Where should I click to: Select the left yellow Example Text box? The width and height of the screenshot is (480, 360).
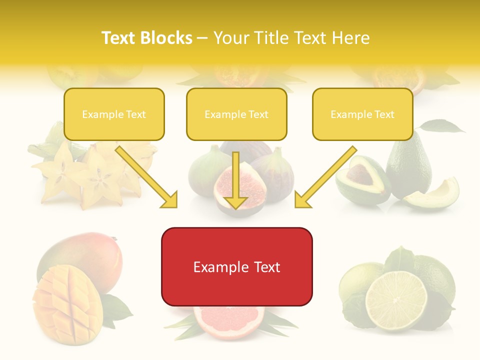pyautogui.click(x=114, y=114)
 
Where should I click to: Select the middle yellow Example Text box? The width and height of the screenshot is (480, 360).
pyautogui.click(x=236, y=114)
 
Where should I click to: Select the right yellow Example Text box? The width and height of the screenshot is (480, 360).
pyautogui.click(x=362, y=114)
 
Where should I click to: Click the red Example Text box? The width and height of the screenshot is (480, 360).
pyautogui.click(x=236, y=267)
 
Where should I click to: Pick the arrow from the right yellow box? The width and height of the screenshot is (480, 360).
pyautogui.click(x=325, y=177)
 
